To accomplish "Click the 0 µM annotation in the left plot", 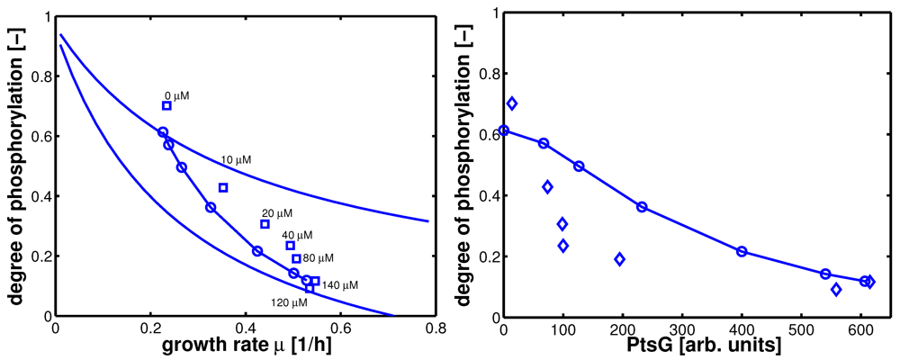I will [177, 94].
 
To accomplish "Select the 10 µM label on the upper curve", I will [236, 159].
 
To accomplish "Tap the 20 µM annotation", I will [277, 213].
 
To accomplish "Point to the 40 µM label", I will [298, 235].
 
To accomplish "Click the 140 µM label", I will [340, 285].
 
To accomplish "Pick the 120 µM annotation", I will [289, 302].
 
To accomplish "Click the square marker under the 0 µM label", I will [166, 105].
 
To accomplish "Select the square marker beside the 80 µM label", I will [296, 259].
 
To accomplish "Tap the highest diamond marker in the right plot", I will [512, 103].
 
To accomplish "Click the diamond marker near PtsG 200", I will [619, 259].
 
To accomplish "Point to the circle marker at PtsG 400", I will [742, 251].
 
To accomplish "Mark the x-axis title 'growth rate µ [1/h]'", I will [238, 344].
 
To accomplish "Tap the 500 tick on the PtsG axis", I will [801, 328].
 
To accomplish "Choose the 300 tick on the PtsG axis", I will [681, 328].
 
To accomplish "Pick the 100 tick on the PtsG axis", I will [562, 328].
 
